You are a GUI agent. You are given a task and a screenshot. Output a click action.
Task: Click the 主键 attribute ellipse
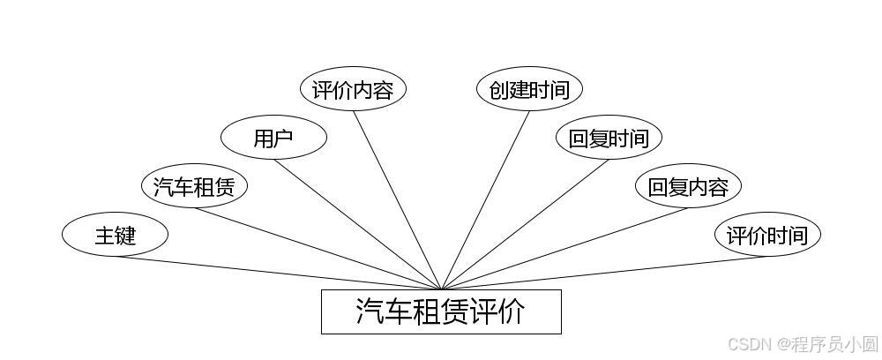point(115,236)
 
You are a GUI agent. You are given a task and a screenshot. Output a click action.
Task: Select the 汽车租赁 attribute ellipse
point(194,187)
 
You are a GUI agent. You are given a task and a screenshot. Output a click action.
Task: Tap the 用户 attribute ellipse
point(273,139)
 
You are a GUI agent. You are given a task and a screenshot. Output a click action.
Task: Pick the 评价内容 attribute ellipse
point(353,90)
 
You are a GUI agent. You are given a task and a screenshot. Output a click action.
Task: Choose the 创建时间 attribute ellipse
point(529,90)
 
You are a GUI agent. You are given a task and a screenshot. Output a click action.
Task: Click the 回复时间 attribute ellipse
point(609,139)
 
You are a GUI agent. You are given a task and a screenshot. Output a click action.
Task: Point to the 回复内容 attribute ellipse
point(688,187)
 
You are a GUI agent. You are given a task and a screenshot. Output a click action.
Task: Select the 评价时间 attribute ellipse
point(767,236)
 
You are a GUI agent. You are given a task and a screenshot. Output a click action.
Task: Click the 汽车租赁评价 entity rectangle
point(441,311)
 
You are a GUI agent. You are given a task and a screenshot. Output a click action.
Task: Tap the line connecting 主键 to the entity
point(278,273)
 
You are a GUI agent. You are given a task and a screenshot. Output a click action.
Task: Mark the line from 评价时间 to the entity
point(604,273)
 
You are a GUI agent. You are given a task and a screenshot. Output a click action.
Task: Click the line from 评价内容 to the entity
point(397,200)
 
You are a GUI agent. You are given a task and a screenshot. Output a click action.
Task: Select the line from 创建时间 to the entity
point(485,200)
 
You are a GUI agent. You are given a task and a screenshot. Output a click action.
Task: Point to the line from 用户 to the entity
point(357,224)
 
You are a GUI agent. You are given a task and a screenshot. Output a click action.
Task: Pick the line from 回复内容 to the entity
point(564,248)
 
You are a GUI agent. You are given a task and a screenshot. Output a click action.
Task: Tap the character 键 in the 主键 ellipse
point(125,236)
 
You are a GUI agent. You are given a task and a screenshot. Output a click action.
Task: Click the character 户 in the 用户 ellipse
point(283,139)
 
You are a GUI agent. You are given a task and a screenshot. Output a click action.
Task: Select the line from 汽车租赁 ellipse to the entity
point(318,248)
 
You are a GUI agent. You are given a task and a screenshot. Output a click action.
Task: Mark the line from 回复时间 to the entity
point(525,224)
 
